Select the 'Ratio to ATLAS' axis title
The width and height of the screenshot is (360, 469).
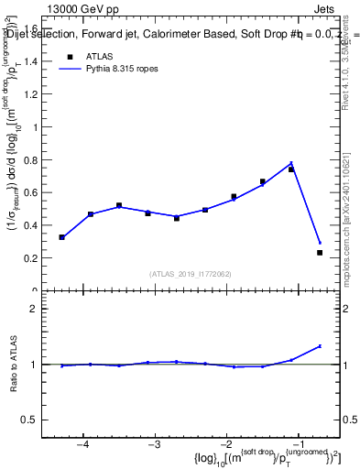point(13,364)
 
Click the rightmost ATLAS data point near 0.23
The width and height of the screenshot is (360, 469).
point(320,252)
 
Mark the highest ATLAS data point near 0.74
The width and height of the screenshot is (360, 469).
point(291,169)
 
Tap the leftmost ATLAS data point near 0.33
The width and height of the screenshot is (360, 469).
point(61,237)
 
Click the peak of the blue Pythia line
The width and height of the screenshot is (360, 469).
point(291,163)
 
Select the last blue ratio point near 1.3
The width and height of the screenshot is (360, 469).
point(320,346)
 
